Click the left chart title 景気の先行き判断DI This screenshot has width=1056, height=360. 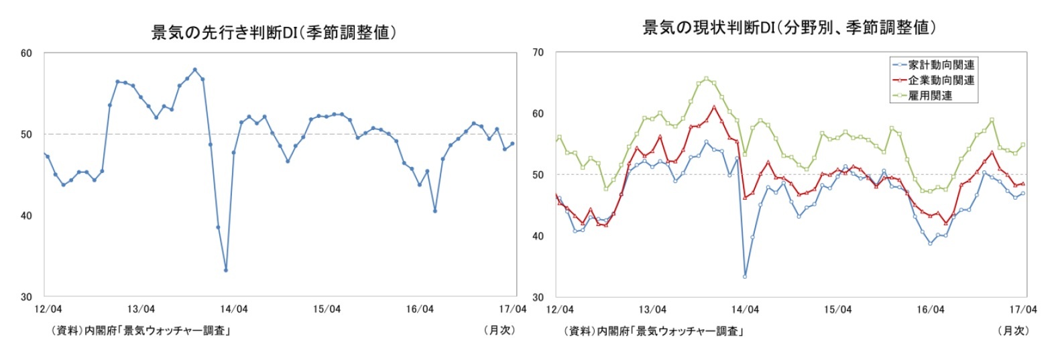(x=274, y=32)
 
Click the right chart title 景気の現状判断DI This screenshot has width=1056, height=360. (x=788, y=27)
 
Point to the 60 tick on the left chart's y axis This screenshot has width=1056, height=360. (x=26, y=54)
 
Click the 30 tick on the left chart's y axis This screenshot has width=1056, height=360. (x=26, y=297)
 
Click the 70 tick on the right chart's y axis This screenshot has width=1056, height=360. (x=538, y=52)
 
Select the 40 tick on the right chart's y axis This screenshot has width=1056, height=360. (x=538, y=236)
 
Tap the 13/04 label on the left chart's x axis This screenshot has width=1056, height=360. (x=141, y=309)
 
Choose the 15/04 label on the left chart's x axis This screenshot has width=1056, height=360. (x=327, y=309)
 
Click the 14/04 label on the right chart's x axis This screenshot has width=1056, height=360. (x=745, y=309)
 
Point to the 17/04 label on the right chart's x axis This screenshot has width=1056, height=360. (x=1023, y=309)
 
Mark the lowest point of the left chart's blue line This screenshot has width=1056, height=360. (x=226, y=270)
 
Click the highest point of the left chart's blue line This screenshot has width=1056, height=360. (x=194, y=70)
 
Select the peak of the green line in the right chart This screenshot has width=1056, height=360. (x=706, y=78)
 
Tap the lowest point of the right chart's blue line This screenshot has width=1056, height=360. (x=745, y=276)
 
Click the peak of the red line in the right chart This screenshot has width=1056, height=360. (x=714, y=107)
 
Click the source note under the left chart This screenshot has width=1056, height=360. (x=141, y=331)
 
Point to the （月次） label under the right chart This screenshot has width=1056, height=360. (x=1012, y=331)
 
